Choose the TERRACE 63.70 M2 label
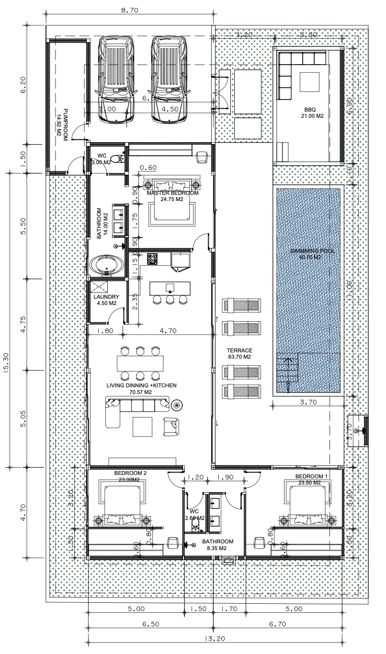(x=239, y=353)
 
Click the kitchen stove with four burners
(x=153, y=259)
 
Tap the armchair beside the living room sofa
(x=171, y=427)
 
